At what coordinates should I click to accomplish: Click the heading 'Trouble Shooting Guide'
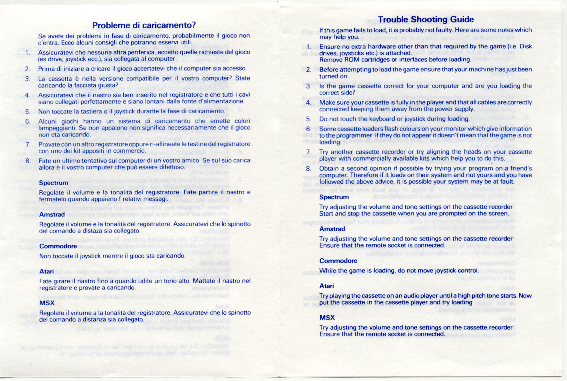(426, 19)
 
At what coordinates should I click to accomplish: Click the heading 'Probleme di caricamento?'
(144, 25)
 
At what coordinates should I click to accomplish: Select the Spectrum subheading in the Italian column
(53, 183)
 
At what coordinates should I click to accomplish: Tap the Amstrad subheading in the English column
(332, 229)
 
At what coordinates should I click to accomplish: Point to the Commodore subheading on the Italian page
(58, 246)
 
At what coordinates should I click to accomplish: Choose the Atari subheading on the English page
(326, 286)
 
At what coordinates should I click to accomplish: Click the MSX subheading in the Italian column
(47, 303)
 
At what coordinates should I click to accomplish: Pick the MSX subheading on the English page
(327, 317)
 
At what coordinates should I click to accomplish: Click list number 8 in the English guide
(308, 169)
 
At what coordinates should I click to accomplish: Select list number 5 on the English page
(308, 119)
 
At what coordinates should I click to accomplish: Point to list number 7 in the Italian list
(28, 144)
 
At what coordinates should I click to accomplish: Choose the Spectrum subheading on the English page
(334, 197)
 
